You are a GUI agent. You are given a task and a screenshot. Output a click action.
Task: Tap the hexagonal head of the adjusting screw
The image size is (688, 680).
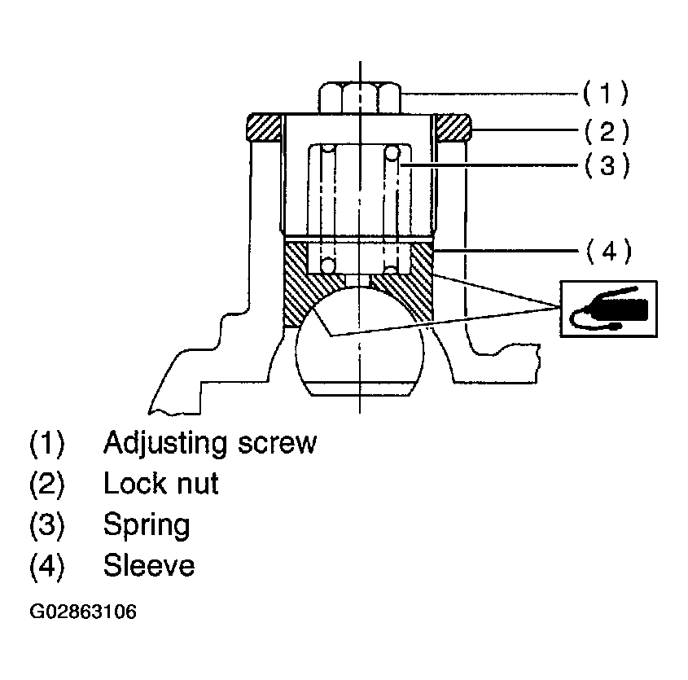pyautogui.click(x=359, y=97)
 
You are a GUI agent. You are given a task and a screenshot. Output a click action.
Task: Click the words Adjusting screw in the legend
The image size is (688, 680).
pyautogui.click(x=209, y=443)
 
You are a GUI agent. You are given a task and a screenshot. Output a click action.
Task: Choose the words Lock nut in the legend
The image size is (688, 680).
pyautogui.click(x=161, y=484)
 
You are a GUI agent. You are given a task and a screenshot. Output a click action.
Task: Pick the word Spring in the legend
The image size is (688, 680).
pyautogui.click(x=147, y=524)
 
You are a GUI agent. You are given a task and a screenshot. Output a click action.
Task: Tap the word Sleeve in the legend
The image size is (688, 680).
pyautogui.click(x=149, y=564)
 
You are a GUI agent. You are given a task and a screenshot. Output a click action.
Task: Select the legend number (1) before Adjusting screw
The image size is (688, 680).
pyautogui.click(x=46, y=444)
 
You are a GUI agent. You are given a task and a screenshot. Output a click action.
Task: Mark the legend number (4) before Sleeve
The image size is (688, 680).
pyautogui.click(x=46, y=565)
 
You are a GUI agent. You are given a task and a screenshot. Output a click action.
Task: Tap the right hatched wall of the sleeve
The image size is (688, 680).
pyautogui.click(x=420, y=285)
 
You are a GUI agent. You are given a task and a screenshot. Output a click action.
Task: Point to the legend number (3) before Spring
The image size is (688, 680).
pyautogui.click(x=46, y=524)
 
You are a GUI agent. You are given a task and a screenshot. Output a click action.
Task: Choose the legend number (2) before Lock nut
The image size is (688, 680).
pyautogui.click(x=46, y=485)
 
